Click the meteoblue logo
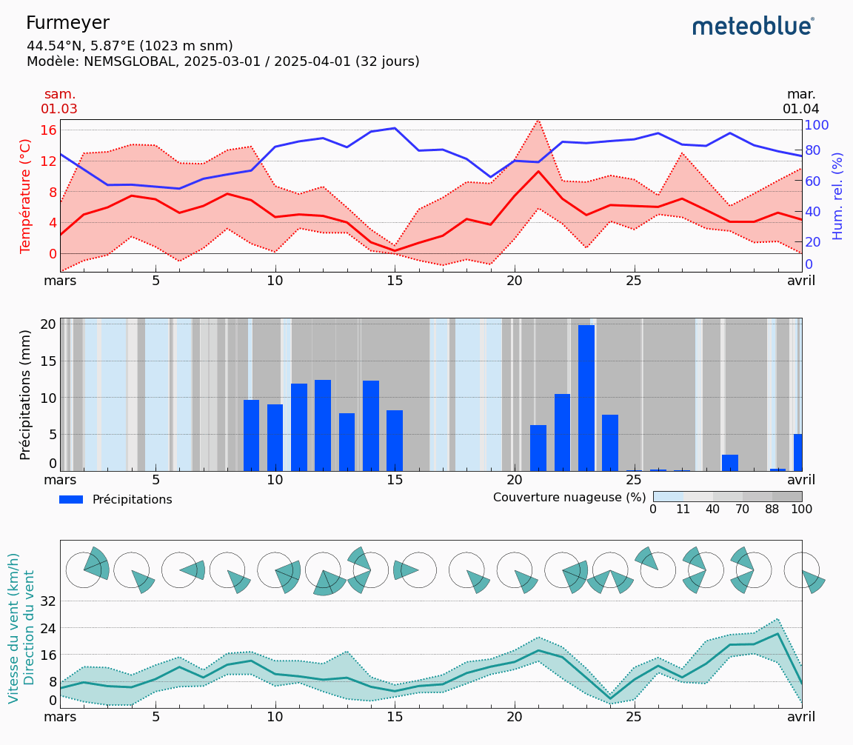point(753,27)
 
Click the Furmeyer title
point(67,23)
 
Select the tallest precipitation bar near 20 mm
point(586,398)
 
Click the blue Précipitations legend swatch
point(71,500)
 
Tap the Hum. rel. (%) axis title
point(837,196)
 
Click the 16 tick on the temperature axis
point(49,130)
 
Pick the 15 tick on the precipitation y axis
point(49,361)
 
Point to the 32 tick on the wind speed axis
point(49,601)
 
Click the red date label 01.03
point(59,110)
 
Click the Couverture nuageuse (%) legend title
point(569,498)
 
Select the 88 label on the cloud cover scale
point(772,510)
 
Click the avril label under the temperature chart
point(800,281)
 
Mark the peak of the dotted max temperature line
point(538,120)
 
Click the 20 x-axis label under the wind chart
point(515,717)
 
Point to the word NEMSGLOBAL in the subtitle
point(130,61)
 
